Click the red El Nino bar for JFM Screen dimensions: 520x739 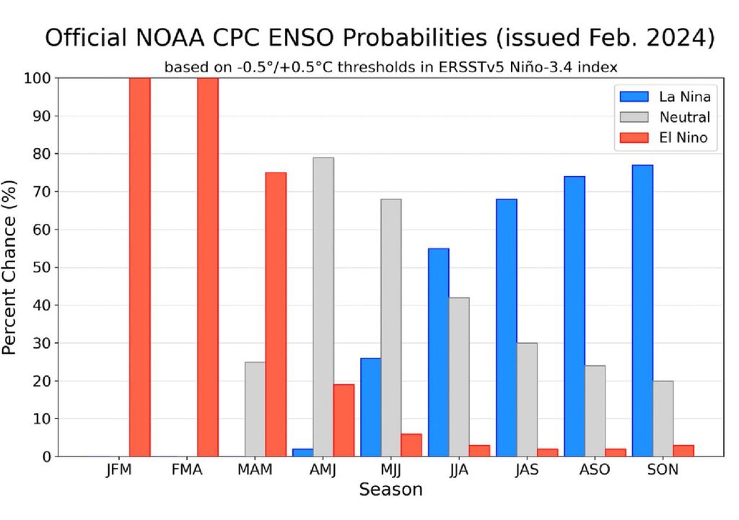click(139, 266)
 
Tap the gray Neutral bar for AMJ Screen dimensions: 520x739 click(323, 307)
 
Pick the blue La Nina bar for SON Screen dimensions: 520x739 click(642, 311)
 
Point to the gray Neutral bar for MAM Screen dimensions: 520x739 click(255, 409)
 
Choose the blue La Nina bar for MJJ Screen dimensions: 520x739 click(370, 407)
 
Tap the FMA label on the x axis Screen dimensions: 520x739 click(187, 470)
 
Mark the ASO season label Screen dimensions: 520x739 click(595, 470)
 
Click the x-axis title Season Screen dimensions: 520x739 click(390, 490)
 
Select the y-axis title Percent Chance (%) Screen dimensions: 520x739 click(10, 266)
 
